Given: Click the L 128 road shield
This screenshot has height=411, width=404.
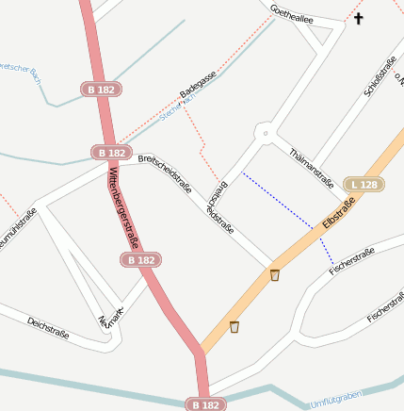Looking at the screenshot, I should coord(363,185).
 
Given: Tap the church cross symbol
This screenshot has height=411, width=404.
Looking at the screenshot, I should coord(358,18).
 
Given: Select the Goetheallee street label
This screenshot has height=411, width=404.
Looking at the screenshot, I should coord(291,19).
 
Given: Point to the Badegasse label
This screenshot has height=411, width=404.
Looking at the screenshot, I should coord(198,85).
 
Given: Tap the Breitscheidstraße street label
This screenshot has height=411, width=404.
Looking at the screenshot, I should coord(165,174).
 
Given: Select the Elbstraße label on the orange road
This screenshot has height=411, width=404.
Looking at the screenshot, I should coord(338,210).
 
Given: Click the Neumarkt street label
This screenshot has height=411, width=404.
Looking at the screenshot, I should coord(111,321).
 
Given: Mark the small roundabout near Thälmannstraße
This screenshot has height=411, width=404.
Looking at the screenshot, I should coord(267,134).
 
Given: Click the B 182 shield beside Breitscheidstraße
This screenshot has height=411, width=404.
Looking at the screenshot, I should coord(112,152).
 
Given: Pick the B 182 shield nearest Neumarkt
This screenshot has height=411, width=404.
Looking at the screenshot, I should coord(140,259).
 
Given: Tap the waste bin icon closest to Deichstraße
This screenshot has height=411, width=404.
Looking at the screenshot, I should coord(234,327).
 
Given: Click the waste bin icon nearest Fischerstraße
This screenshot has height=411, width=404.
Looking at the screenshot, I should coord(275,275).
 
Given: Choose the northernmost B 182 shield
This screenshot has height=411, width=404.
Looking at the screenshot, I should coord(101,89).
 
